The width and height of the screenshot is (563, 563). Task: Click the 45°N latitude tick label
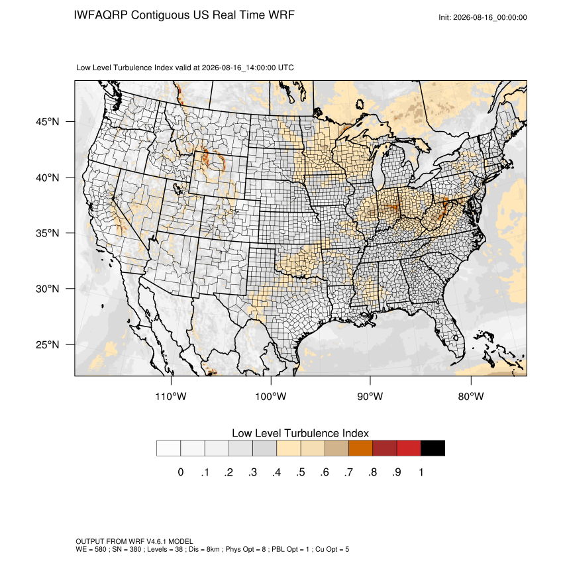(x=48, y=122)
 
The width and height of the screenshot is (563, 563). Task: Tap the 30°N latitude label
(x=48, y=289)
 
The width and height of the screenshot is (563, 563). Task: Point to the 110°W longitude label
(x=171, y=396)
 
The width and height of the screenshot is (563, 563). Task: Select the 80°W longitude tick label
(x=471, y=396)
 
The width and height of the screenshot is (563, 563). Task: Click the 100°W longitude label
(x=271, y=396)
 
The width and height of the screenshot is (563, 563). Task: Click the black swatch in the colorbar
(x=433, y=448)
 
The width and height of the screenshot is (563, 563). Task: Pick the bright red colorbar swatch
(x=409, y=448)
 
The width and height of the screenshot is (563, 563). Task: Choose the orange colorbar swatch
(x=360, y=448)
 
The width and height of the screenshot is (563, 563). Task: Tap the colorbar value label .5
(x=301, y=472)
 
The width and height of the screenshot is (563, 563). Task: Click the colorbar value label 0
(x=181, y=472)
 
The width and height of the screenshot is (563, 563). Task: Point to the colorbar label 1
(x=421, y=472)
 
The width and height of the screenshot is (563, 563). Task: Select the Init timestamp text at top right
(x=483, y=17)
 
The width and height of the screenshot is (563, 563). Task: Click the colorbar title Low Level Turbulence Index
(x=300, y=433)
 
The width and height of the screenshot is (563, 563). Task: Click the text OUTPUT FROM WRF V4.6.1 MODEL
(x=134, y=541)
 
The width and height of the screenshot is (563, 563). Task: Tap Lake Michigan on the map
(x=378, y=168)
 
